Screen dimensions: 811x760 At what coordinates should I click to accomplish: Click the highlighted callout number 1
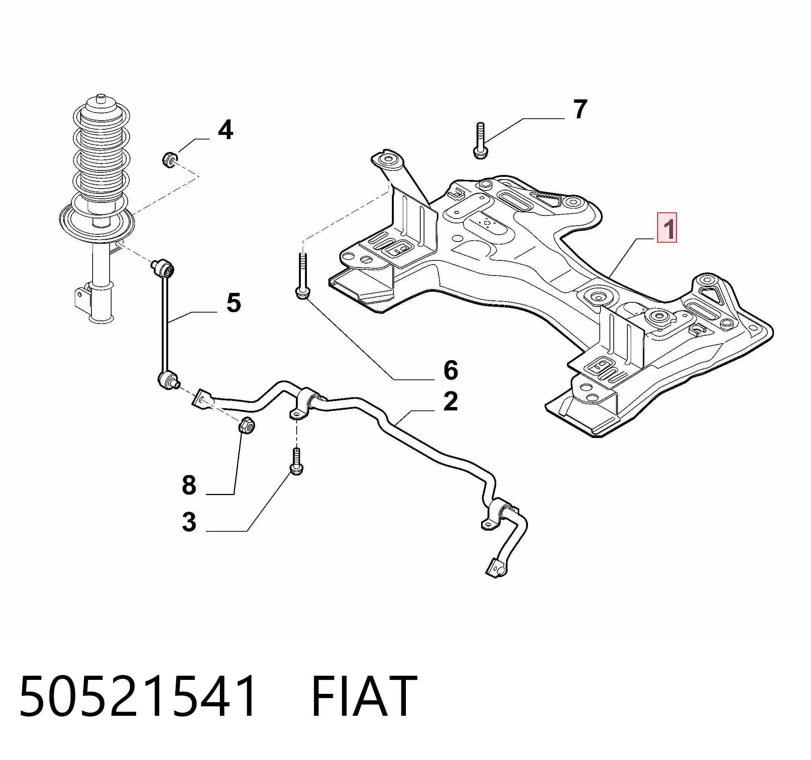[667, 227]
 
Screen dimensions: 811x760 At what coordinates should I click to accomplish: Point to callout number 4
[226, 130]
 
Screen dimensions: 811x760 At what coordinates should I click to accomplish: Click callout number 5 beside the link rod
[234, 303]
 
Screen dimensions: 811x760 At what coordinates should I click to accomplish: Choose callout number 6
[451, 370]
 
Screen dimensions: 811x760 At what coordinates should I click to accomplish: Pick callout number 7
[580, 109]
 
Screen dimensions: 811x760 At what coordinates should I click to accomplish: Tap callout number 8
[189, 486]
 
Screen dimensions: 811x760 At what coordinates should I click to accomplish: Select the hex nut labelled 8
[246, 426]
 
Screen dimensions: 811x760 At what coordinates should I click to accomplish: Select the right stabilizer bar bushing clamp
[498, 514]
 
